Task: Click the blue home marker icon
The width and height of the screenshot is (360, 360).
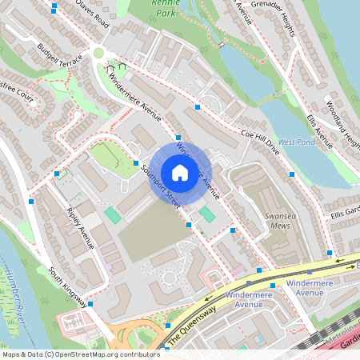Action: point(180,173)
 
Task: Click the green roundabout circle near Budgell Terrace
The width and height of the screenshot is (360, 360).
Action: point(98,53)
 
